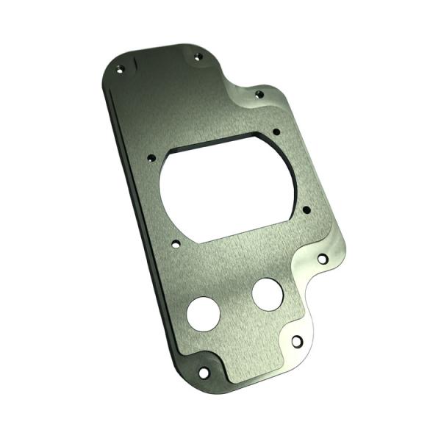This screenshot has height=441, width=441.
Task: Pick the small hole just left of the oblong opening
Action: [150, 157]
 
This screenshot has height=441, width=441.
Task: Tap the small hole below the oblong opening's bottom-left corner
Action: [175, 246]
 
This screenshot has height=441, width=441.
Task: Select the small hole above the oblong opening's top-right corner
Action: [276, 132]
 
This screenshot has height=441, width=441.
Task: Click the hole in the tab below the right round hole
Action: [296, 342]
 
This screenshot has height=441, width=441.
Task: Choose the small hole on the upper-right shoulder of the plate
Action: [258, 94]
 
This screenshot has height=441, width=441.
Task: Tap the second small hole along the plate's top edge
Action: [196, 56]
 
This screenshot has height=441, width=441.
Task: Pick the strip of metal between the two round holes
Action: [235, 304]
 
